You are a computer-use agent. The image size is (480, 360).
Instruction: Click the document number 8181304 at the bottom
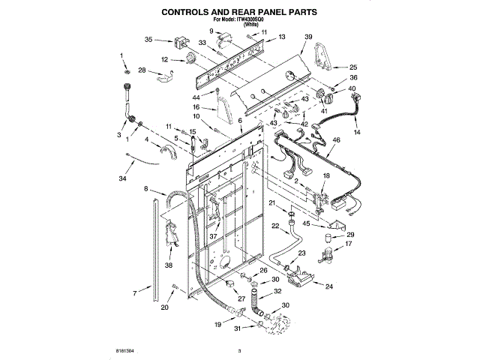click(x=124, y=349)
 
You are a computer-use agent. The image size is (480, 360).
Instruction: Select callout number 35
click(x=148, y=39)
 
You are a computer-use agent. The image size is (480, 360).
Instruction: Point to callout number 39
click(x=308, y=37)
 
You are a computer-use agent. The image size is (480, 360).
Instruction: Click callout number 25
click(x=354, y=67)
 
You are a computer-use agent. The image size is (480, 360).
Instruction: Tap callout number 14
click(x=357, y=132)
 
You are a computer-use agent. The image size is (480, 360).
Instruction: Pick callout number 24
click(x=328, y=285)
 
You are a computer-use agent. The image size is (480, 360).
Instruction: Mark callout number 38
click(x=168, y=265)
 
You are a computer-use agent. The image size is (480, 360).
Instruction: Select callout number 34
click(x=122, y=178)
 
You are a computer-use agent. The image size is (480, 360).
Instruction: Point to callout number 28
click(x=142, y=70)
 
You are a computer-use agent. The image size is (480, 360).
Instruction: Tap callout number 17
click(x=348, y=244)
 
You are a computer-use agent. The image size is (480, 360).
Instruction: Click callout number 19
click(x=217, y=324)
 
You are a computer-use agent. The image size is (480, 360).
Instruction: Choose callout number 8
click(x=146, y=189)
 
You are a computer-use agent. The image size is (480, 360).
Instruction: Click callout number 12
click(x=164, y=59)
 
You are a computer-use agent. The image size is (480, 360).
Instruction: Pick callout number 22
click(x=274, y=225)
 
